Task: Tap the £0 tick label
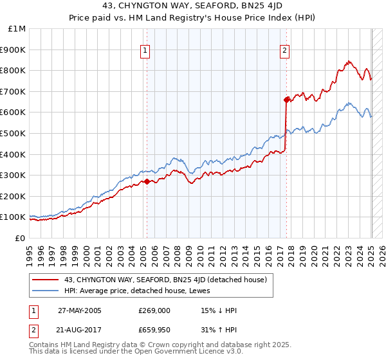(20, 238)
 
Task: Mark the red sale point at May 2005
(147, 181)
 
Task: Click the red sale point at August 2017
(286, 99)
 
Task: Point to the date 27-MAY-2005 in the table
(80, 310)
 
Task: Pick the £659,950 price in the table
(158, 331)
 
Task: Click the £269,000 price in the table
(154, 310)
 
